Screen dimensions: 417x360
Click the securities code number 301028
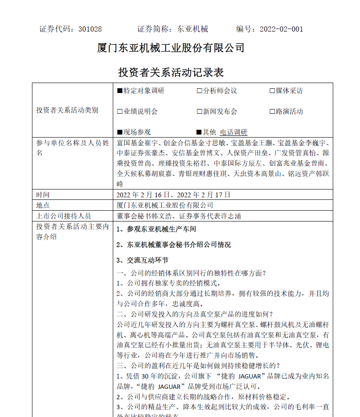click(90, 29)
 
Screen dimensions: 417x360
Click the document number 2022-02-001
click(281, 29)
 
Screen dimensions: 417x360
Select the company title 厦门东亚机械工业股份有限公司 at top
click(171, 48)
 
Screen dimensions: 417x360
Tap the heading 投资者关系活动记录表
click(171, 72)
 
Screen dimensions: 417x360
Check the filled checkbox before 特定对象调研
click(120, 91)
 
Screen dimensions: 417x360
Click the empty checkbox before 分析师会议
click(199, 91)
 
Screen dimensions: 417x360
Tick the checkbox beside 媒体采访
click(272, 91)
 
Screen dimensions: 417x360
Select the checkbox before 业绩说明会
click(120, 112)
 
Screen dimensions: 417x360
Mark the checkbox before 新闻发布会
click(199, 112)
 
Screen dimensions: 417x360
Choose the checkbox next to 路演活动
click(272, 112)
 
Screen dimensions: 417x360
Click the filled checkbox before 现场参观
click(120, 132)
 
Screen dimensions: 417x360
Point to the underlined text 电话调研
click(234, 132)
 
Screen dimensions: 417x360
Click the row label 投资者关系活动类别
click(67, 110)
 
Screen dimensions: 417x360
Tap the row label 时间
click(43, 195)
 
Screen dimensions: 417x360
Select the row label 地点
click(43, 205)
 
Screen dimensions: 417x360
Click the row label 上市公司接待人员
click(64, 216)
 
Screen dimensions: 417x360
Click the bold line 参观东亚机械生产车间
click(162, 229)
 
